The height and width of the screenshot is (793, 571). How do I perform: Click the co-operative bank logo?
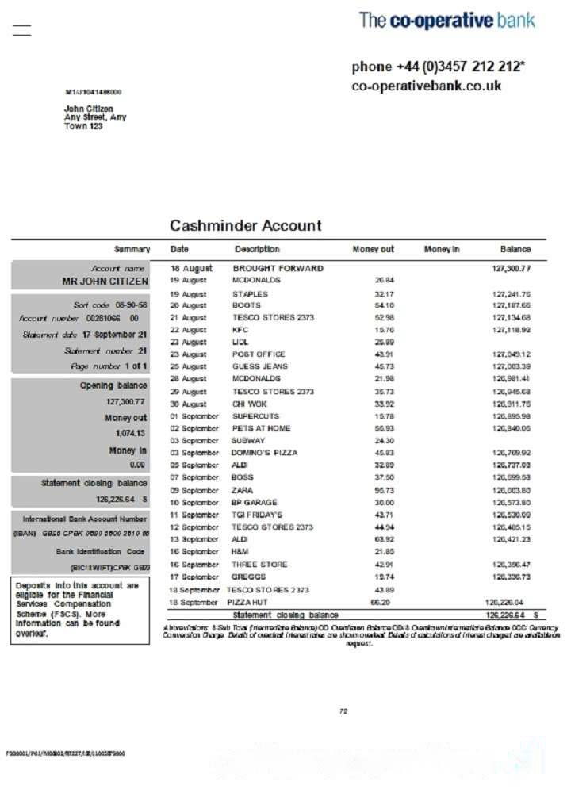click(x=446, y=21)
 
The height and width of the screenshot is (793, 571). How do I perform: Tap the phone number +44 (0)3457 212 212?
click(x=438, y=67)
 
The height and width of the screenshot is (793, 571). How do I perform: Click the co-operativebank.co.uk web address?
click(x=427, y=86)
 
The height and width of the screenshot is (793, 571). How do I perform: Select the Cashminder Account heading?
click(x=246, y=226)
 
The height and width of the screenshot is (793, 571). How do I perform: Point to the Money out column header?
click(x=373, y=250)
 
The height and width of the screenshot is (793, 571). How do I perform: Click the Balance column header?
click(x=515, y=250)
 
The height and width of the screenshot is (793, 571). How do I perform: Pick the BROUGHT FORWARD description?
click(x=278, y=269)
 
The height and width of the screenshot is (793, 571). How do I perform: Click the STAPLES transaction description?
click(x=250, y=294)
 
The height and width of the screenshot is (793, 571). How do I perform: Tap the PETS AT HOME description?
click(x=261, y=429)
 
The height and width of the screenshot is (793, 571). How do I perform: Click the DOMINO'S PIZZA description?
click(x=265, y=454)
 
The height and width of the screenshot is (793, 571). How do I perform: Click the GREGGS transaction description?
click(x=248, y=577)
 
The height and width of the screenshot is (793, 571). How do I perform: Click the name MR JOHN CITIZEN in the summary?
click(x=105, y=282)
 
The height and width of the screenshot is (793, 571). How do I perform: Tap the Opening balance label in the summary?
click(x=113, y=386)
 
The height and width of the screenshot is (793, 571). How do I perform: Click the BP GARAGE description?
click(x=255, y=503)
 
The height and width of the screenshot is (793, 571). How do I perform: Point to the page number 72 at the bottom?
click(x=343, y=711)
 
